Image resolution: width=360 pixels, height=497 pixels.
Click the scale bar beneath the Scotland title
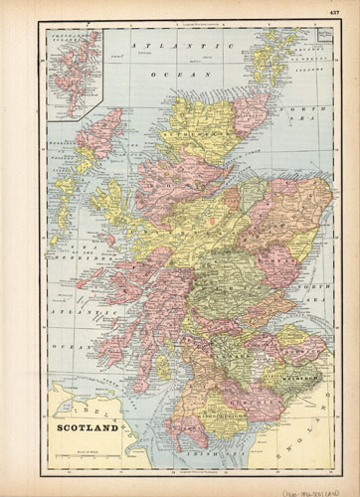[80, 444]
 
